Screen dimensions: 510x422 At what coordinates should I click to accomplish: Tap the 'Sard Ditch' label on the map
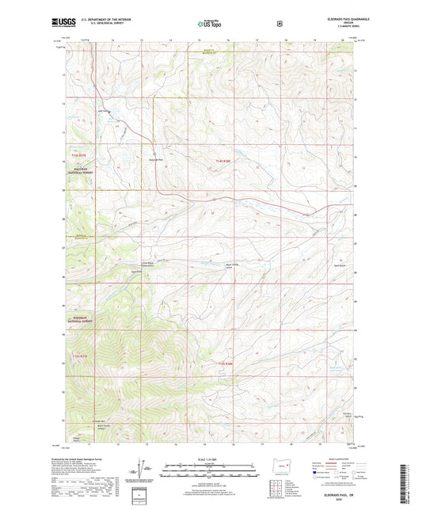coord(136,272)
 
